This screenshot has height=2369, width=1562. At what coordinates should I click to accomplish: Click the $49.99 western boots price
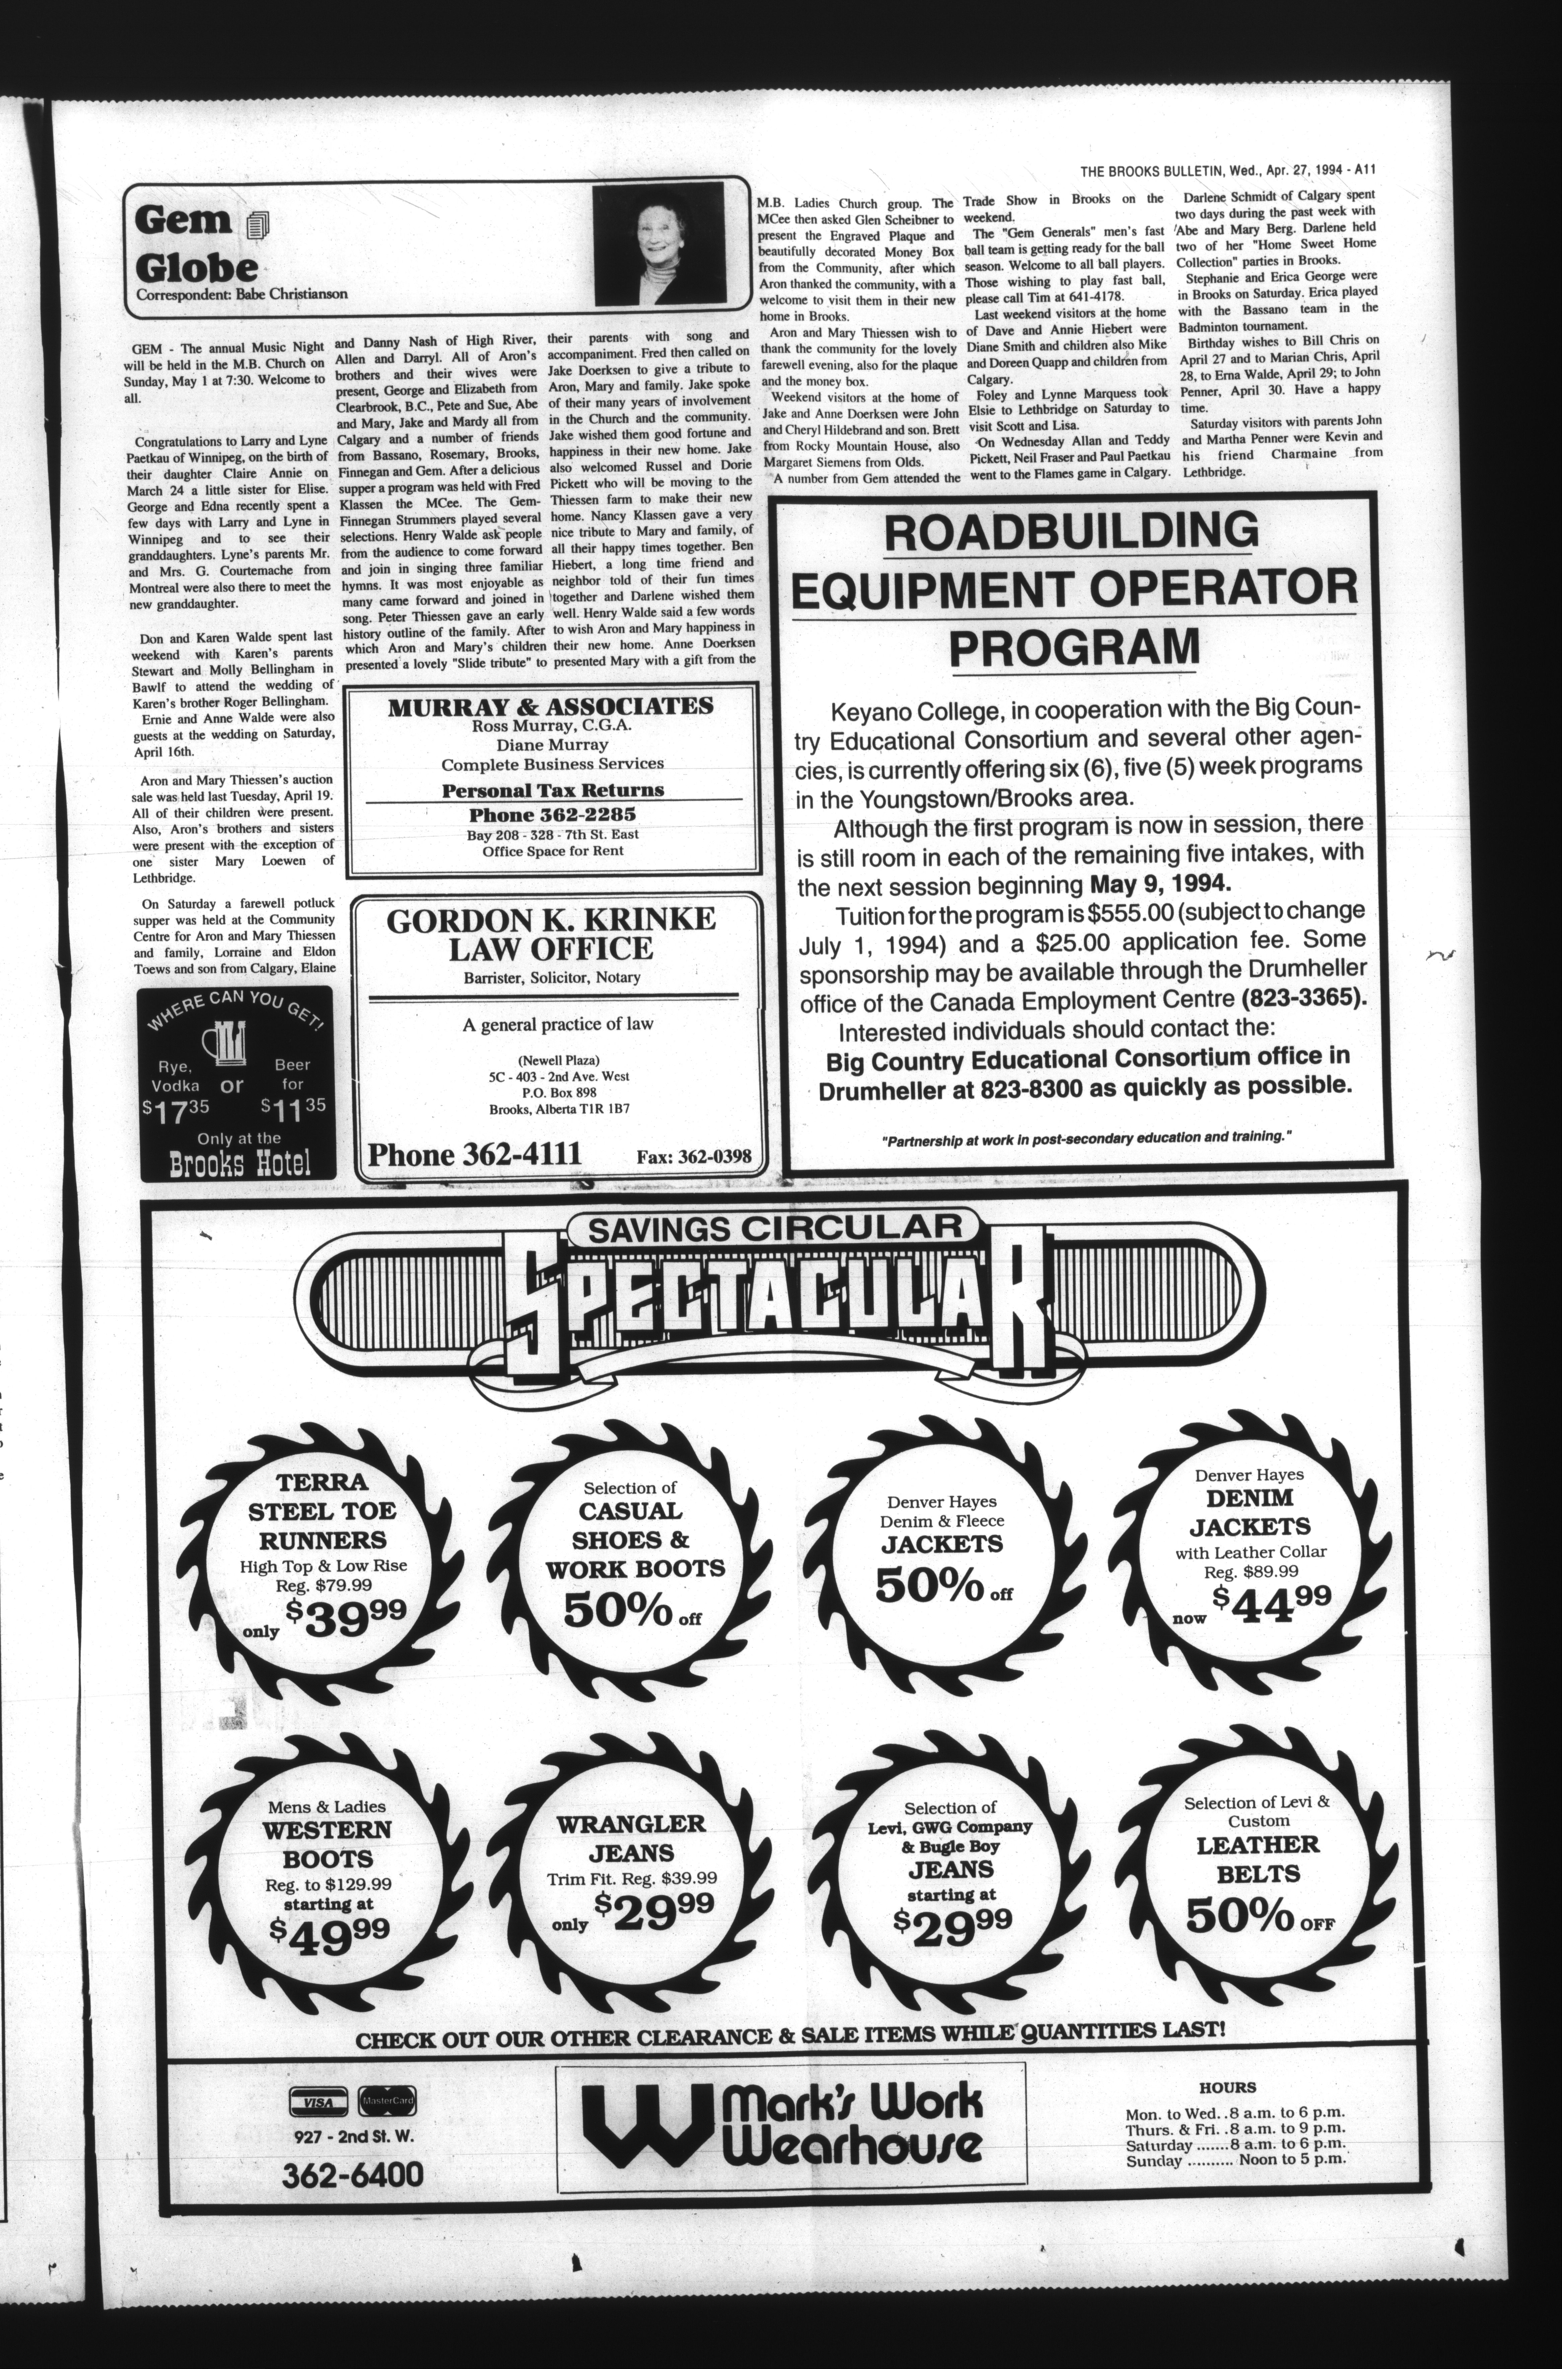coord(329,1930)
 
